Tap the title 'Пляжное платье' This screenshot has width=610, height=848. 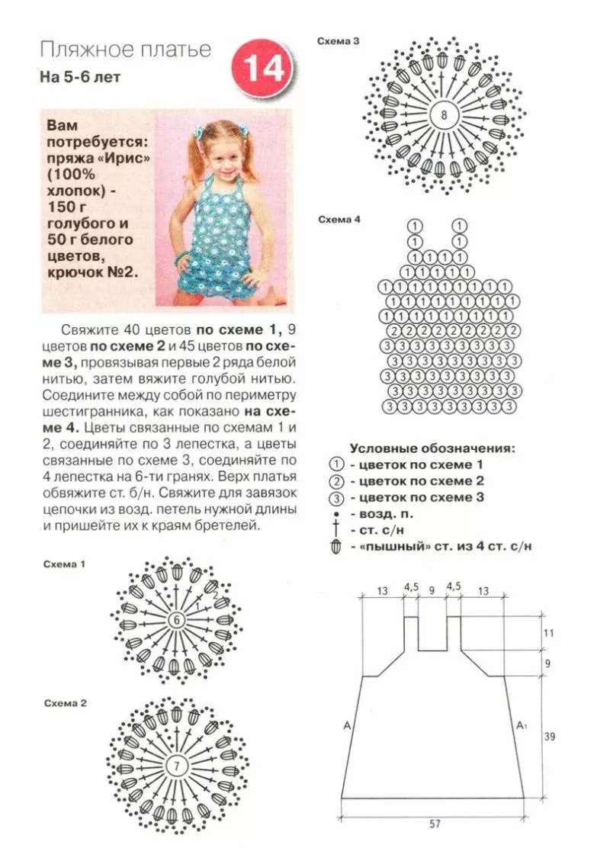pos(125,51)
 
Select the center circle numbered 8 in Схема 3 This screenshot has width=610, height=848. pos(443,117)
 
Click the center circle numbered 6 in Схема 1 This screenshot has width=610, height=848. pos(177,619)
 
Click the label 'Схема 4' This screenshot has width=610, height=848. pos(339,220)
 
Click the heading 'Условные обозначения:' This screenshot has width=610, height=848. pos(432,448)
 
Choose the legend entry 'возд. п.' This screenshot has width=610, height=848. pos(379,513)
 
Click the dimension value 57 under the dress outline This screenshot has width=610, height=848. pos(434,824)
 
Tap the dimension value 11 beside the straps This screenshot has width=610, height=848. pos(548,633)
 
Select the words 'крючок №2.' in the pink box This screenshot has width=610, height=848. pos(93,272)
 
